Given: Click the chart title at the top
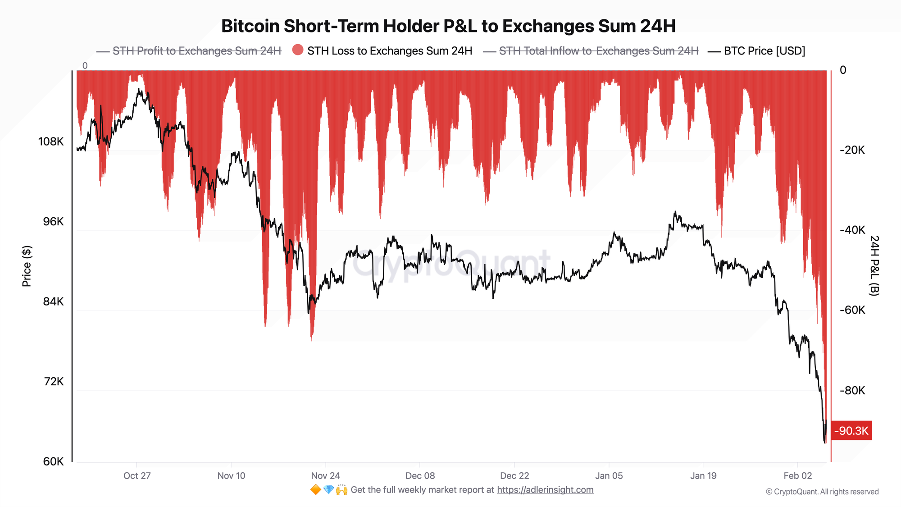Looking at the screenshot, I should coord(448,26).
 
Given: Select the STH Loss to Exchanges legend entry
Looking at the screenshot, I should coord(389,51).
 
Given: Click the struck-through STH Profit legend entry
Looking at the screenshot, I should coord(196,51).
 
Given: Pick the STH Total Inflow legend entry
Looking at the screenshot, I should coord(598,51).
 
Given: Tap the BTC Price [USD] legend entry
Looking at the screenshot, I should coord(764,51).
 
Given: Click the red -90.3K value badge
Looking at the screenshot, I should coord(851,431).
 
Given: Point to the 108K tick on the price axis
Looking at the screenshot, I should coord(51,142).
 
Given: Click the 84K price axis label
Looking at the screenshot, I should coord(53,301).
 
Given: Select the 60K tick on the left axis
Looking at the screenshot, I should coord(53,461).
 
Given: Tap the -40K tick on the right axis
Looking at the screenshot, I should coord(852,230).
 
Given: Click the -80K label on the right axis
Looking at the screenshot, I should coord(852,390).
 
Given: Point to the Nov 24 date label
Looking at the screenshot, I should coord(325,476).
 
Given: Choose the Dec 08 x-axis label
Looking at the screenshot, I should coord(420,476).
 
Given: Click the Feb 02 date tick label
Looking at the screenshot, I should coord(797,476).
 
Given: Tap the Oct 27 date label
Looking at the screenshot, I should coord(137,476).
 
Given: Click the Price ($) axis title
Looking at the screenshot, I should coord(27,266).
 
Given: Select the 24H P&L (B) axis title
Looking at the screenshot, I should coord(874,265).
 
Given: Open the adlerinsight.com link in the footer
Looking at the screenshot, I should coord(545,490).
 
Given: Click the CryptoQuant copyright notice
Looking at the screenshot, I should coord(822,492).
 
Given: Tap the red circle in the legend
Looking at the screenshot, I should coord(298,50).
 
